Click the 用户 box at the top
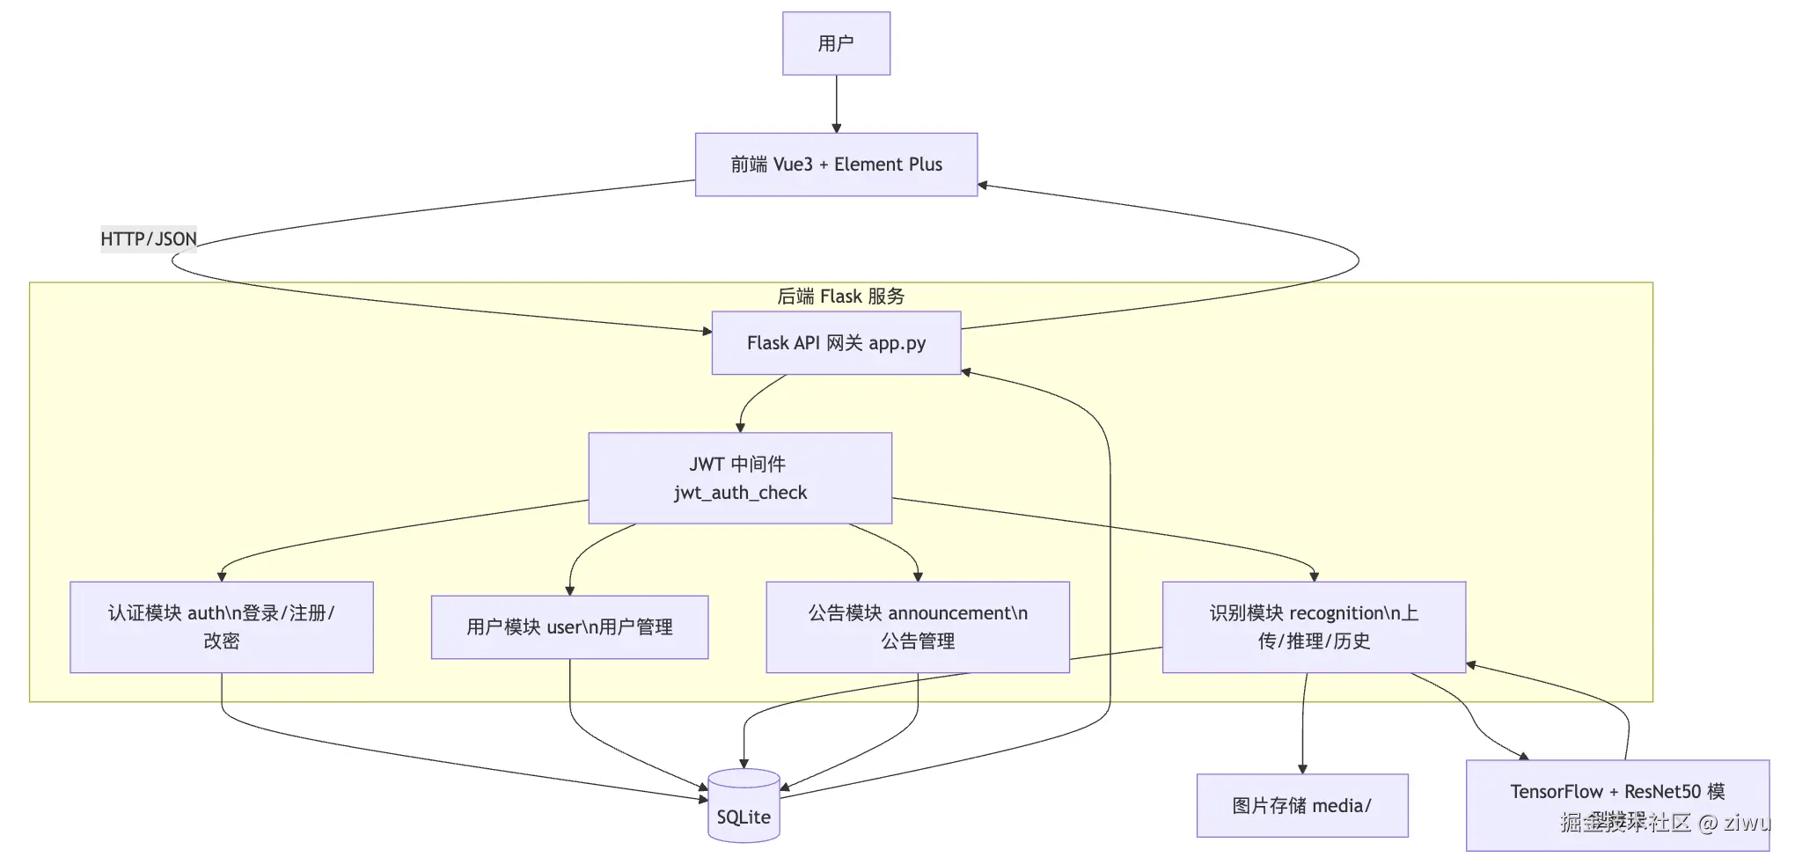[836, 43]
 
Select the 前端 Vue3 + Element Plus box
[836, 165]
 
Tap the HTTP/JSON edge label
[149, 238]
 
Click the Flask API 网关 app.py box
[836, 343]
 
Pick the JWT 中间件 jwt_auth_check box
[740, 478]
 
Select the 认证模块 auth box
[222, 626]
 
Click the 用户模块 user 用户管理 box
[569, 626]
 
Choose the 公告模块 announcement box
[918, 626]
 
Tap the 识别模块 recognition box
[1314, 626]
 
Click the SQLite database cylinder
[744, 807]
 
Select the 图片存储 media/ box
[1302, 805]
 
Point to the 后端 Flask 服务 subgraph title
[840, 297]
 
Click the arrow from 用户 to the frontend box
[836, 104]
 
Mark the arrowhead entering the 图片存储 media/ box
[1302, 768]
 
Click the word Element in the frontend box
[868, 165]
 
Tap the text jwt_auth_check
[740, 493]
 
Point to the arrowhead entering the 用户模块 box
[569, 590]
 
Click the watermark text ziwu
[1746, 823]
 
